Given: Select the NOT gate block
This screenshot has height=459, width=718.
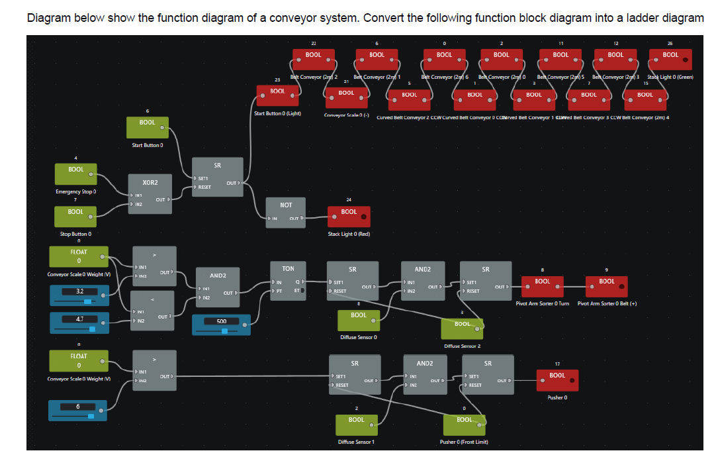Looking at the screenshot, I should tap(285, 212).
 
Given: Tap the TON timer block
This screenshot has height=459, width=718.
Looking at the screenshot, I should tap(288, 280).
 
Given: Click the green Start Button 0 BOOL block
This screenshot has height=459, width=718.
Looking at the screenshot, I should tap(147, 127).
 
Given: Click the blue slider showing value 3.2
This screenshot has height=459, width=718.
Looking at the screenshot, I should tap(79, 295).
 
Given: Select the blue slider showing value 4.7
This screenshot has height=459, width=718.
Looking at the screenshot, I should tap(79, 323).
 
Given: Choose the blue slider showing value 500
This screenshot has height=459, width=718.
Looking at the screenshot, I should tap(221, 325).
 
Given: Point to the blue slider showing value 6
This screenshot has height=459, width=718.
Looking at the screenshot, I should tap(79, 410).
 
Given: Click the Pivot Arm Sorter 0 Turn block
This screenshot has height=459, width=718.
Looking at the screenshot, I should tap(542, 285).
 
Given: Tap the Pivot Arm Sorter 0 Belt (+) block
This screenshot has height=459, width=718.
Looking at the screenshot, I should tap(606, 285).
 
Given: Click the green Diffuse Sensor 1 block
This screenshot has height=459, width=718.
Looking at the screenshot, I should tap(356, 424).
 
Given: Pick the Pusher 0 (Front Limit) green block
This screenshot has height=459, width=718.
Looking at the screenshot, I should tap(464, 424).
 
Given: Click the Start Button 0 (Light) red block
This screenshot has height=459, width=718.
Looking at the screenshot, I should tap(277, 95).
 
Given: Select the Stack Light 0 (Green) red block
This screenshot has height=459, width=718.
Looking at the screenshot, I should tap(670, 59).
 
